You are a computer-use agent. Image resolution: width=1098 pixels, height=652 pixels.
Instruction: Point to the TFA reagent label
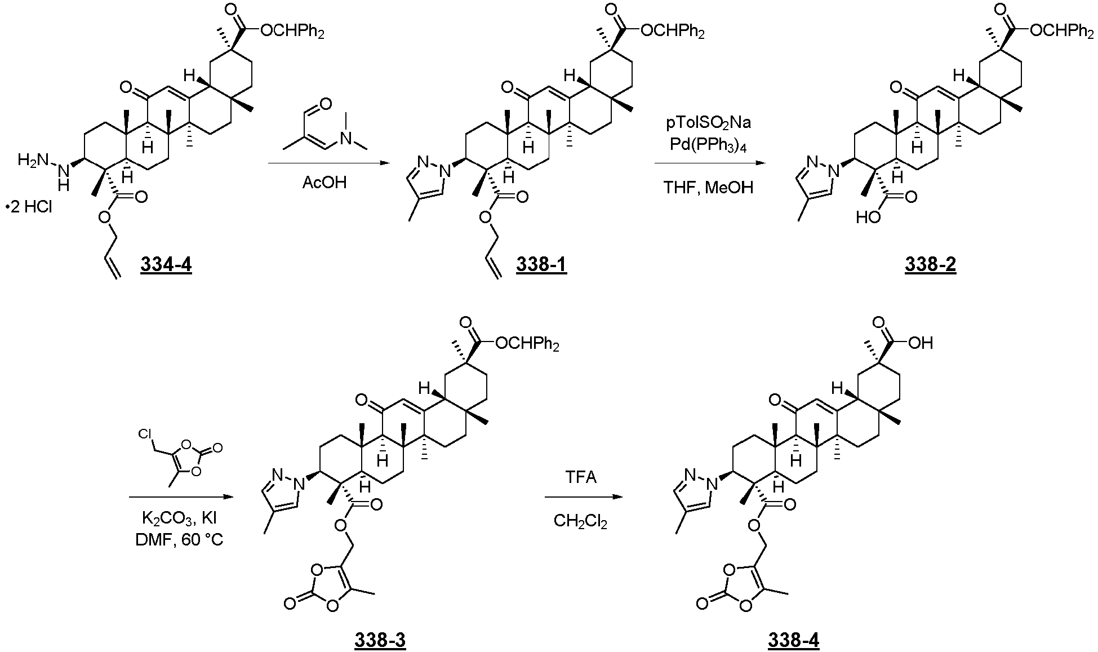581,478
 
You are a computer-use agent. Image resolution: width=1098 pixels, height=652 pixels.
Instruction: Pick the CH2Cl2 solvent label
580,521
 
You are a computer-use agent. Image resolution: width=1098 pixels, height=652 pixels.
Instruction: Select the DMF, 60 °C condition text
179,540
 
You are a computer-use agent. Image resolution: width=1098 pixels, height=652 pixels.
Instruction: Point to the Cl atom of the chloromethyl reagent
146,433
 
